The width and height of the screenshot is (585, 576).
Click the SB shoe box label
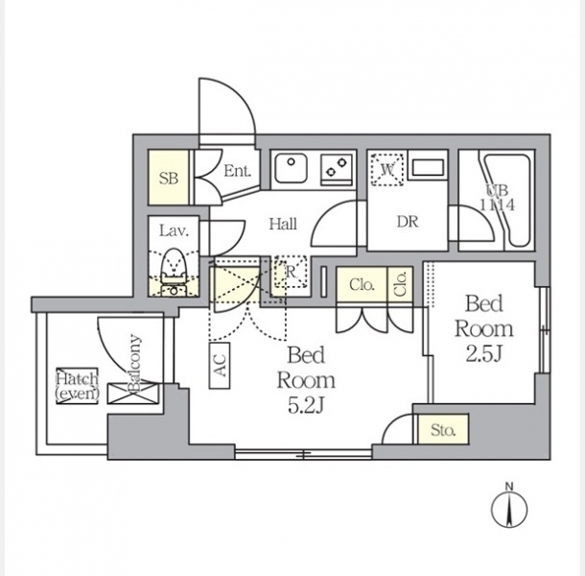click(x=169, y=179)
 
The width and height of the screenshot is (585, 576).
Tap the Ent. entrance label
click(x=237, y=171)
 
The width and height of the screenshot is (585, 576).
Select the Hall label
click(x=283, y=224)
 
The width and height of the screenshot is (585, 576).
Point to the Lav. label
click(x=174, y=230)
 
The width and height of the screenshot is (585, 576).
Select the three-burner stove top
click(x=337, y=170)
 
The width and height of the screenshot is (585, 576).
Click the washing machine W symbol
click(x=386, y=170)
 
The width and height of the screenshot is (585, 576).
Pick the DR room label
click(x=408, y=222)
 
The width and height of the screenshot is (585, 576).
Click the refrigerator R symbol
click(x=291, y=272)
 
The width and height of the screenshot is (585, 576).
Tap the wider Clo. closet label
click(x=362, y=285)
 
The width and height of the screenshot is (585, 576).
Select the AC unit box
click(x=220, y=365)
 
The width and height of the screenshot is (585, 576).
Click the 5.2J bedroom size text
click(x=306, y=405)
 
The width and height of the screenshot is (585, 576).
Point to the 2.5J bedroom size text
click(x=483, y=353)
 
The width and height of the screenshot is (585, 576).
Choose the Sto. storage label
click(x=443, y=430)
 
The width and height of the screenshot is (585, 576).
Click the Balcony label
click(x=134, y=363)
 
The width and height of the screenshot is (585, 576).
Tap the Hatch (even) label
click(x=78, y=386)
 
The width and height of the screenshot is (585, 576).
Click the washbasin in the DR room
click(x=428, y=167)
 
